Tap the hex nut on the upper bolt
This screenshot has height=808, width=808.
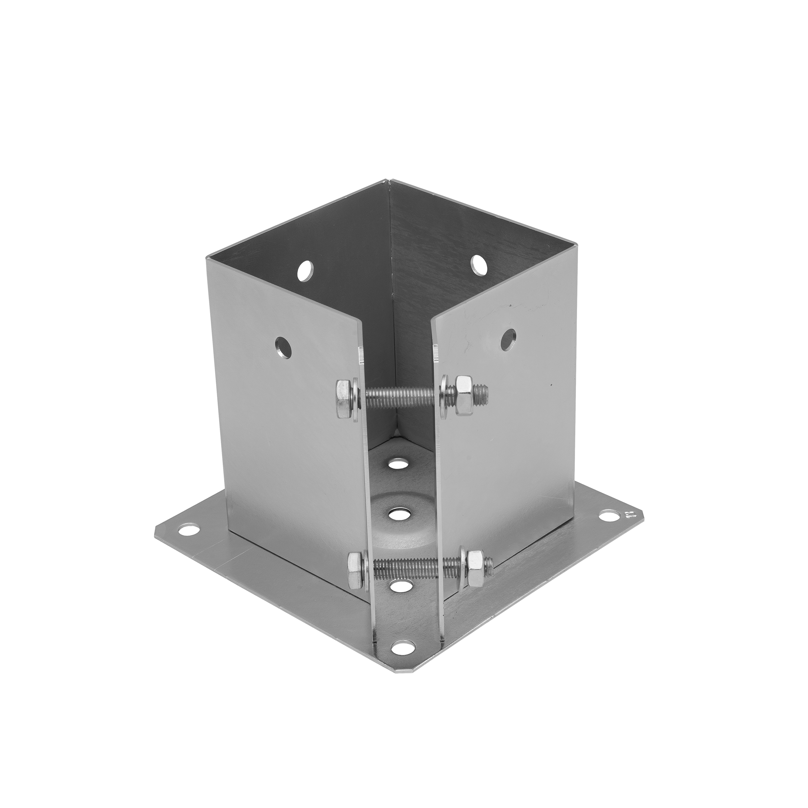point(464,395)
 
